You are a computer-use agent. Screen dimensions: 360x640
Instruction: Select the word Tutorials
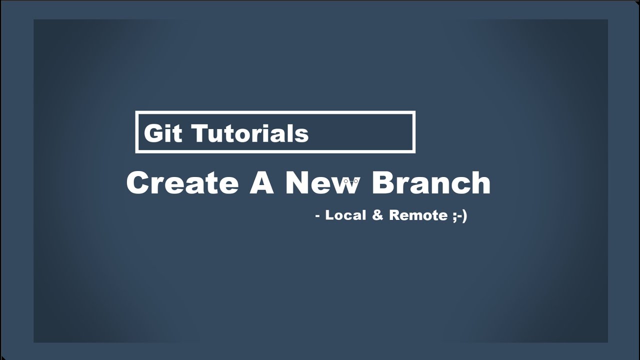tap(249, 133)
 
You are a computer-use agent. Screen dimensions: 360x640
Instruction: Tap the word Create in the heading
tap(182, 182)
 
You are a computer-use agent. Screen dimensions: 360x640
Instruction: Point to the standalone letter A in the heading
tap(261, 182)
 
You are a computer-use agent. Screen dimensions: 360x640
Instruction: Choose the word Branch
tap(431, 182)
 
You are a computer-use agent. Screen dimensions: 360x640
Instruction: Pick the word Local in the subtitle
tap(345, 215)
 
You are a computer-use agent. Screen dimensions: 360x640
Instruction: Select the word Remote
tap(418, 215)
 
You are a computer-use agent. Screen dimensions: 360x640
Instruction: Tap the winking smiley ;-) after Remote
tap(459, 215)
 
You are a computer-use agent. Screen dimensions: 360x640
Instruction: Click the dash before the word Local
tap(317, 216)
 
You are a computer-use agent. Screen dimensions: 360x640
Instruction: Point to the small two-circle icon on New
tap(351, 180)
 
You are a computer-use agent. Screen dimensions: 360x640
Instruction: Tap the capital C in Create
tap(138, 182)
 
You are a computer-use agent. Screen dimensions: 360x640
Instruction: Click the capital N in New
tap(298, 182)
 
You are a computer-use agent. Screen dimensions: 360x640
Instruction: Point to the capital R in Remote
tap(394, 215)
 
